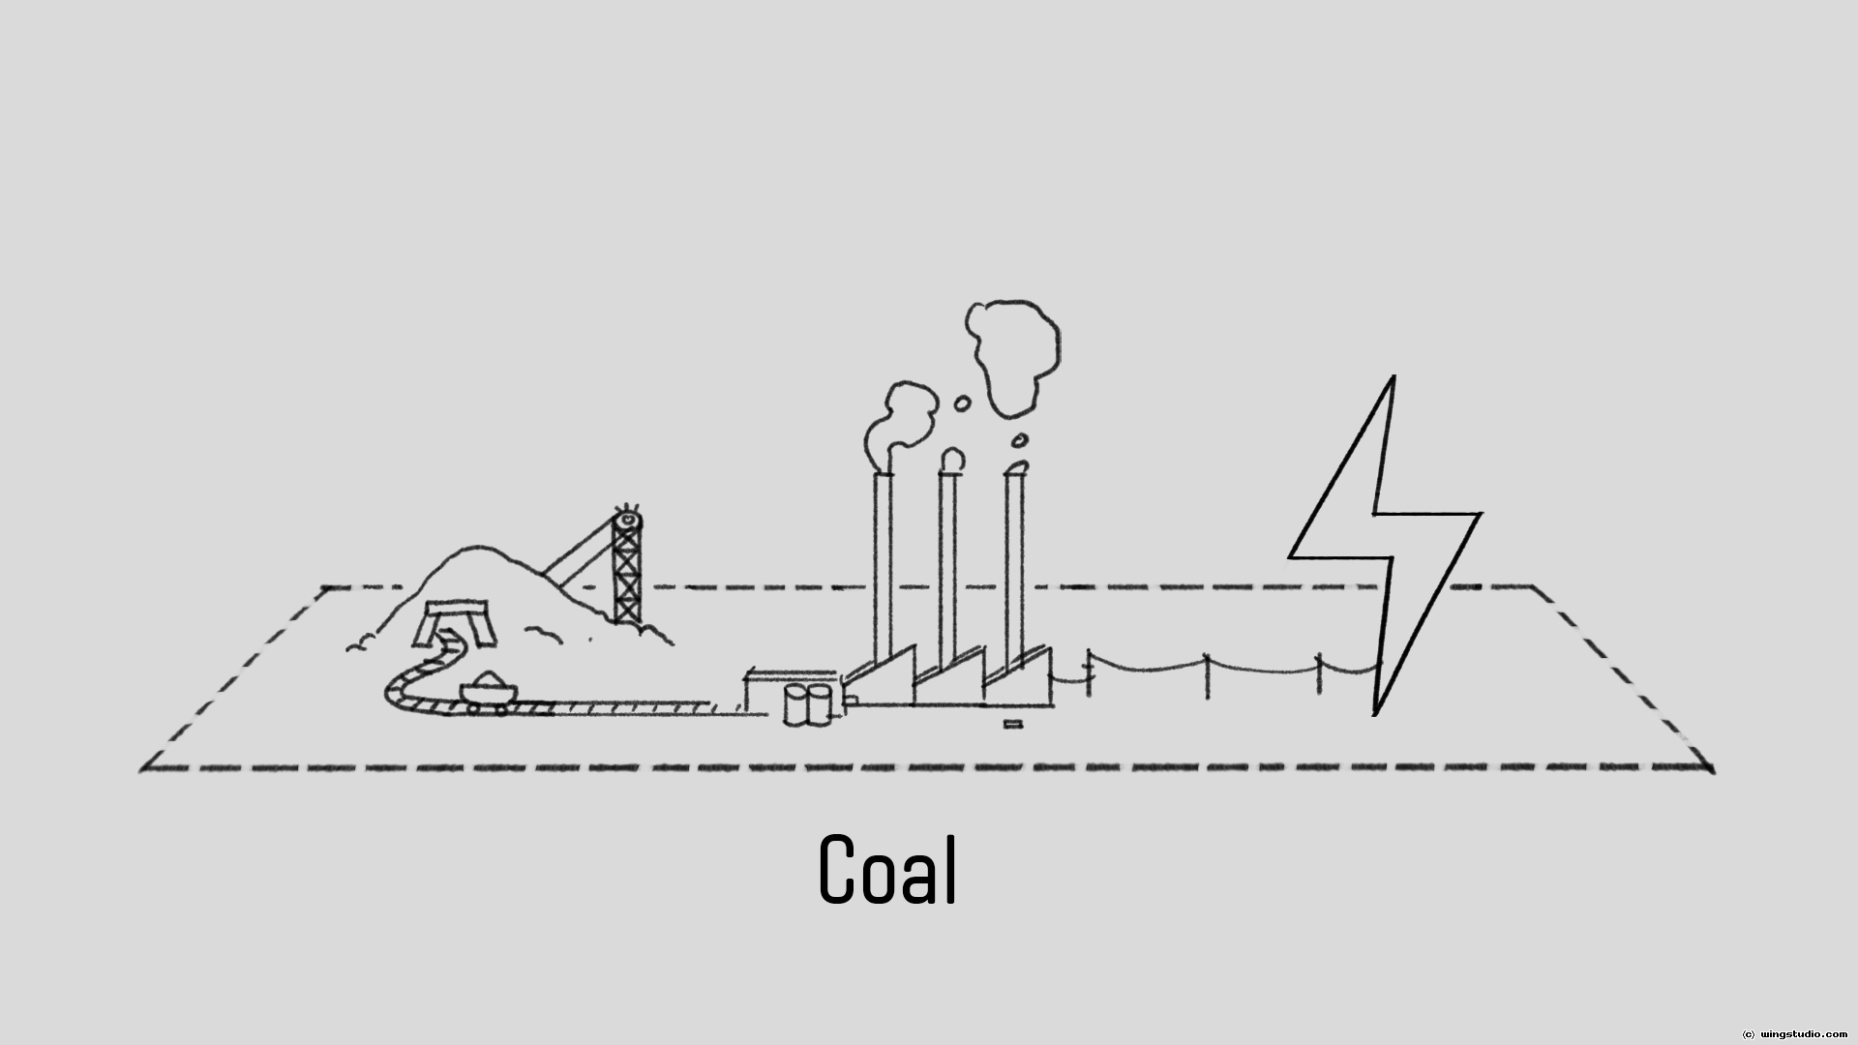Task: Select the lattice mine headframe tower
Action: (x=627, y=571)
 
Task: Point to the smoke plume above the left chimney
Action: (x=903, y=426)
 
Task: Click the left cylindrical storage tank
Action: (x=795, y=705)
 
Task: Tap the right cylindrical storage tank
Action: (x=819, y=705)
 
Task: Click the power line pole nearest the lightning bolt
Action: (x=1318, y=674)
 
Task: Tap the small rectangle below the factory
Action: (x=1012, y=724)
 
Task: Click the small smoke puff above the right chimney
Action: (x=1019, y=441)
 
